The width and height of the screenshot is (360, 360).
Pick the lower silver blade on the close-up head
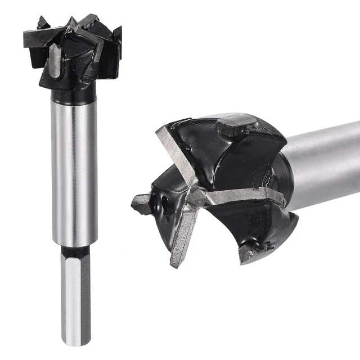183,236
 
